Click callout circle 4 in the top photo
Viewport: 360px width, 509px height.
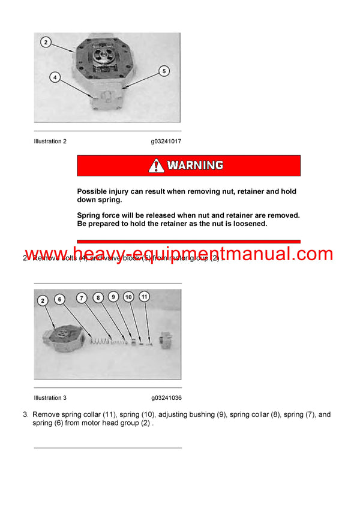pos(55,77)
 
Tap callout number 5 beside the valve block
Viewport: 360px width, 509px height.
pos(163,71)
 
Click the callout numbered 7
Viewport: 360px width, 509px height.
pos(82,297)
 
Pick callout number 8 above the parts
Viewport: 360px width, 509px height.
pos(98,297)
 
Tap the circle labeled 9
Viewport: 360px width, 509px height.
pos(113,297)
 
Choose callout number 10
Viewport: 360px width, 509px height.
pos(128,297)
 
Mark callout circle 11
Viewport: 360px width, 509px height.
pos(144,297)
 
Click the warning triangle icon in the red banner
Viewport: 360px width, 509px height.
pos(156,165)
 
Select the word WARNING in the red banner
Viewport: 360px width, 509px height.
pos(195,165)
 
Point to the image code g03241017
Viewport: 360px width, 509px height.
pos(166,141)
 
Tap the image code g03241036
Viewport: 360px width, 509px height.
pos(166,397)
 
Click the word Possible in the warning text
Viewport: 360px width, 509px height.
pos(91,192)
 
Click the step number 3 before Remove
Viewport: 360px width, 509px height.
pos(25,414)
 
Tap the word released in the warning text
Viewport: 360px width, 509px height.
pos(166,215)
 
